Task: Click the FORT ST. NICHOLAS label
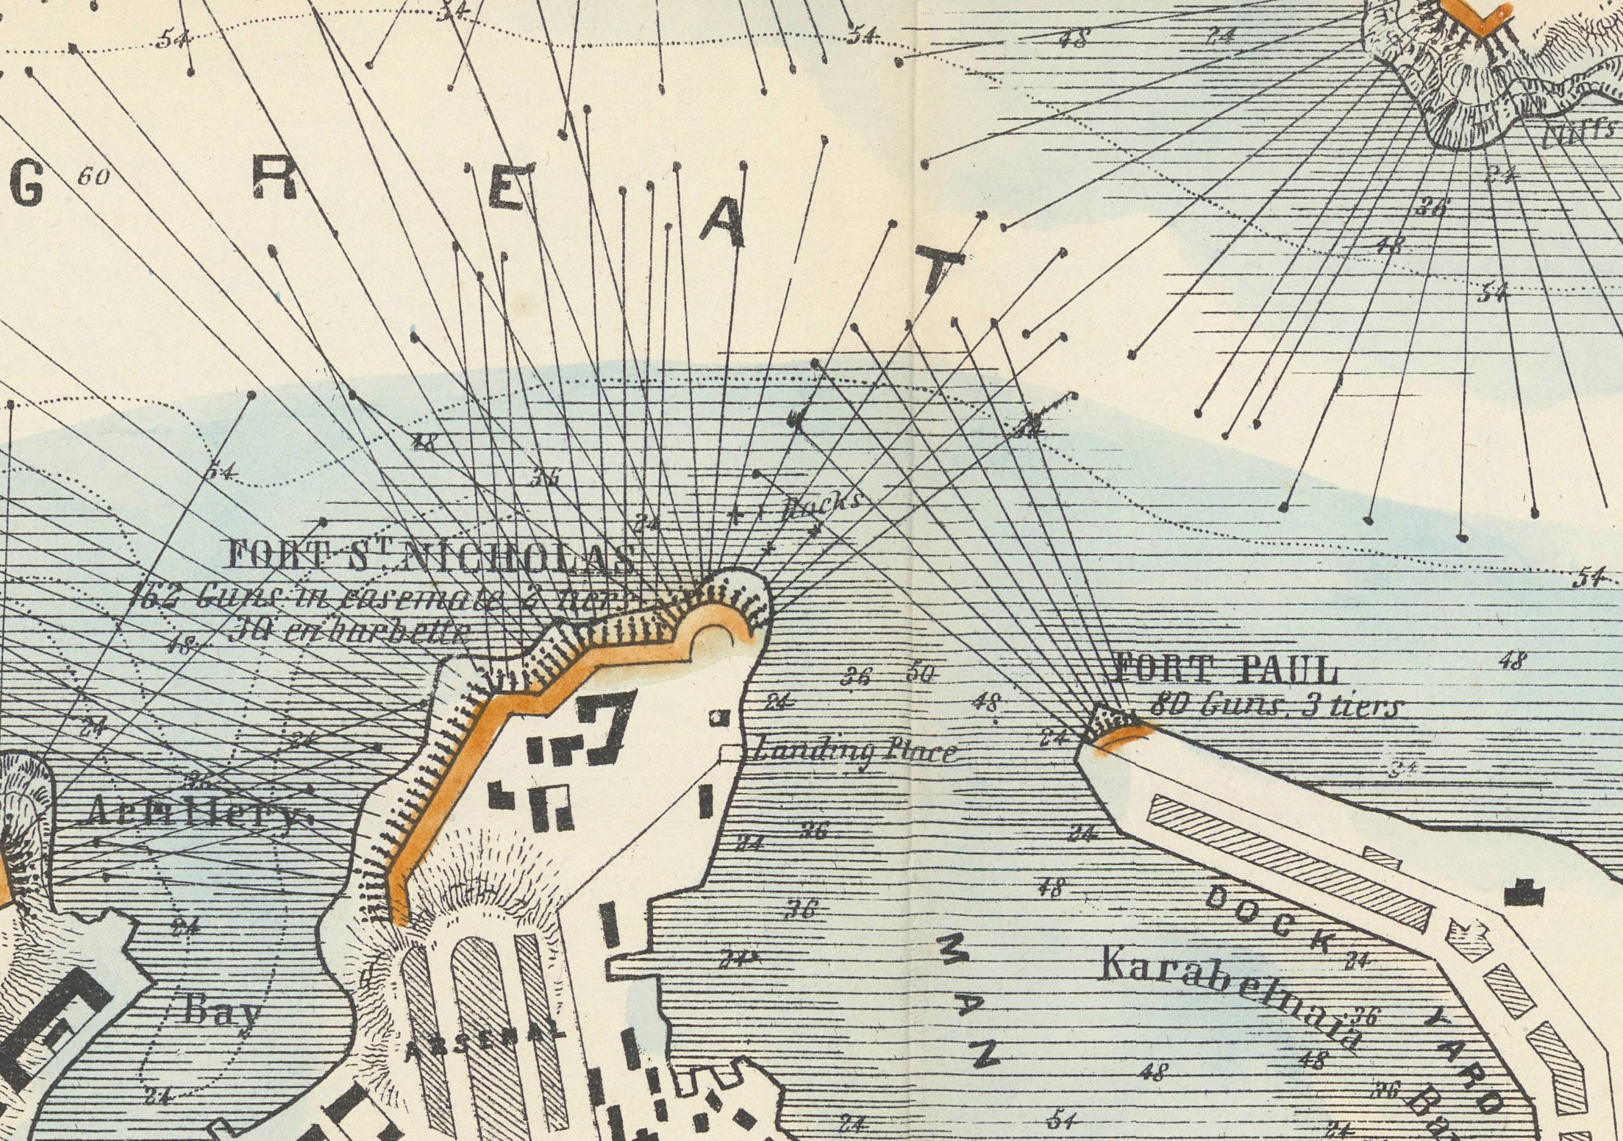point(431,557)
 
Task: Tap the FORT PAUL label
point(1225,669)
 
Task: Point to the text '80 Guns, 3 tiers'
point(1276,706)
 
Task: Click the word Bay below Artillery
point(221,1010)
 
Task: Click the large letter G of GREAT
point(27,188)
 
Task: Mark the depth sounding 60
point(93,177)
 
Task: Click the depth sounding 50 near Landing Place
point(919,672)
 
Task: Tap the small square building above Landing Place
point(718,717)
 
